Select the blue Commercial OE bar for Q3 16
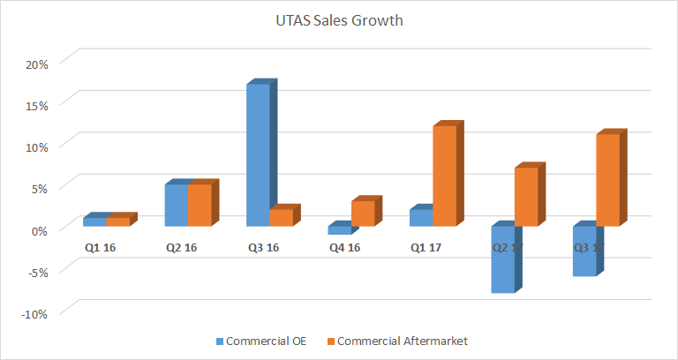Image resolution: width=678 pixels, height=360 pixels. pos(258,155)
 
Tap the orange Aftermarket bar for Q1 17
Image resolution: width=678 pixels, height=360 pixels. pos(444,176)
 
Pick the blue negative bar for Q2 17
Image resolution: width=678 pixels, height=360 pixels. pos(503,259)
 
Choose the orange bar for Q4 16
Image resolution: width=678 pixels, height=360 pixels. pos(362,214)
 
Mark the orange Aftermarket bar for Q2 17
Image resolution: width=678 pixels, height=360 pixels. pos(526,196)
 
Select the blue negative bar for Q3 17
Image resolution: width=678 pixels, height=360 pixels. pos(584,251)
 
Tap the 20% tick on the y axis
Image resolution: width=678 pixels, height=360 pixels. pos(35,64)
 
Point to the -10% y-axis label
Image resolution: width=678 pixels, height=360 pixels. pos(34,311)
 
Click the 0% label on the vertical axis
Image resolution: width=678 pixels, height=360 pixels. pos(39,229)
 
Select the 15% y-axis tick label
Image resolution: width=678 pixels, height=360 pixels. pos(35,105)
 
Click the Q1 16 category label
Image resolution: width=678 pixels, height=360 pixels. pos(101,248)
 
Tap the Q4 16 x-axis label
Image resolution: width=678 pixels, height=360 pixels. pos(344,248)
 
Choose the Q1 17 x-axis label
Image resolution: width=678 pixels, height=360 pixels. pos(426,248)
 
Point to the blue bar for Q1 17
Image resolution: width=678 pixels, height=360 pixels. pos(421,217)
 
